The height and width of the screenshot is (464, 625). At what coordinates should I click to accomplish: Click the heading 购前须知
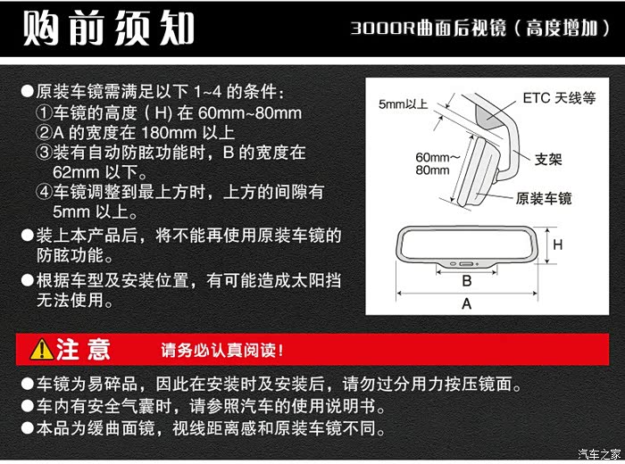click(108, 28)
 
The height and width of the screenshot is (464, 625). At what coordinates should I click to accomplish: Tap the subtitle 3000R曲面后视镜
click(428, 29)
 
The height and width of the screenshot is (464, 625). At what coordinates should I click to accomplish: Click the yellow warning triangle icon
click(41, 349)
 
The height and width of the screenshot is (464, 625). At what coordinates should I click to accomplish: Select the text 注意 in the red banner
click(83, 349)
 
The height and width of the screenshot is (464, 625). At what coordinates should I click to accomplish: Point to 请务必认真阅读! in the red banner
click(222, 350)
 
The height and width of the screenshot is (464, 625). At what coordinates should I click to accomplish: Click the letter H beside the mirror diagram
click(558, 244)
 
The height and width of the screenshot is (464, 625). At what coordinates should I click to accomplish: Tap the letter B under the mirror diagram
click(467, 281)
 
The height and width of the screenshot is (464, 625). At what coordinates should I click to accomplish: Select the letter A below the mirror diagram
click(466, 304)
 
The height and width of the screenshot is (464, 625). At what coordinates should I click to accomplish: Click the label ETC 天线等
click(559, 98)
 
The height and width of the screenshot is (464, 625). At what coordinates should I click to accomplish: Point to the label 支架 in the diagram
click(548, 160)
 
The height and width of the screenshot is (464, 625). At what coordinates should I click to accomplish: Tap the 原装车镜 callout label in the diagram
click(544, 198)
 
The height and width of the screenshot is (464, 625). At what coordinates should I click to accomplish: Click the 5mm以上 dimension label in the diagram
click(403, 104)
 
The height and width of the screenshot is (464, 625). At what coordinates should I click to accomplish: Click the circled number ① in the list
click(44, 113)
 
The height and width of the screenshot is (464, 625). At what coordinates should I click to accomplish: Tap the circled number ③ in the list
click(44, 153)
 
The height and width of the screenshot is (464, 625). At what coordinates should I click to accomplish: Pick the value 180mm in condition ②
click(169, 133)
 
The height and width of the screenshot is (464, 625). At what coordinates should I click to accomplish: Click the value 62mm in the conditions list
click(76, 172)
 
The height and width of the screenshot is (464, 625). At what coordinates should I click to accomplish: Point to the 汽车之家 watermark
click(599, 453)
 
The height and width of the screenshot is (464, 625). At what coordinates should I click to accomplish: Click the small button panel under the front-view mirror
click(466, 264)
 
